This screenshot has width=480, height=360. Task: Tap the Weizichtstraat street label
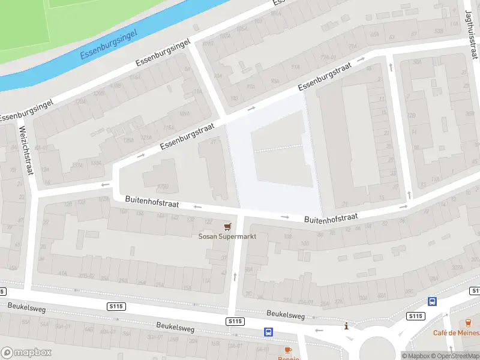[x=26, y=150]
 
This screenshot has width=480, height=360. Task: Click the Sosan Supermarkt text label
[x=227, y=236]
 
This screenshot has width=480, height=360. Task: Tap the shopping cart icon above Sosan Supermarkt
[x=227, y=226]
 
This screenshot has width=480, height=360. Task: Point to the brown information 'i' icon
[x=346, y=326]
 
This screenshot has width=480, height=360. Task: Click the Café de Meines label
[x=457, y=332]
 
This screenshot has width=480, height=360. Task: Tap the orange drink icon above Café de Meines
[x=469, y=323]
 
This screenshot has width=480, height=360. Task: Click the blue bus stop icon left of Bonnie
[x=268, y=331]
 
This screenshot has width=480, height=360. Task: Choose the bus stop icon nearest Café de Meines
[x=432, y=302]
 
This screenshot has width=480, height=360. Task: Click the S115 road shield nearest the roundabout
[x=415, y=316]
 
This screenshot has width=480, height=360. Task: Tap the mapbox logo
[x=26, y=353]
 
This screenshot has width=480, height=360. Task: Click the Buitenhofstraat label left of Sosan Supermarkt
[x=152, y=201]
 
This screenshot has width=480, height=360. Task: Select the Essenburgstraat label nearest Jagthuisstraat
[x=324, y=77]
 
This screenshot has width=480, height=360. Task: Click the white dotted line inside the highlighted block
[x=278, y=148]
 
